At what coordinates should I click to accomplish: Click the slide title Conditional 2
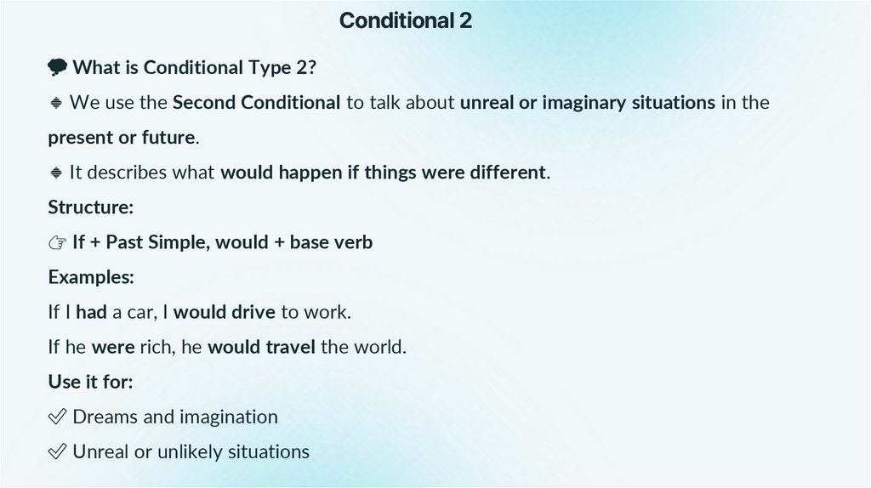(405, 20)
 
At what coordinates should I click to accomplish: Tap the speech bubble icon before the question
(57, 67)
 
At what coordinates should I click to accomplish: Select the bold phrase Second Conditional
(256, 103)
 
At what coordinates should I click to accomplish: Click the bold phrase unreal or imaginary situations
(587, 103)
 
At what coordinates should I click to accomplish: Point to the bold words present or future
(122, 138)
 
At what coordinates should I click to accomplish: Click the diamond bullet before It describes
(56, 173)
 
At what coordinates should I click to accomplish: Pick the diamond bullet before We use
(56, 103)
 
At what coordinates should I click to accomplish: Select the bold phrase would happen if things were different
(383, 173)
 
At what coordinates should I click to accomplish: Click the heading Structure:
(90, 207)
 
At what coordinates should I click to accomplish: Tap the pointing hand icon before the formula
(57, 242)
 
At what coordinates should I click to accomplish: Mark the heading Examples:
(91, 277)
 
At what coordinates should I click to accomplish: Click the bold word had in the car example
(91, 312)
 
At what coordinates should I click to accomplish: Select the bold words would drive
(225, 312)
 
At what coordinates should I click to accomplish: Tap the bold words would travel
(261, 347)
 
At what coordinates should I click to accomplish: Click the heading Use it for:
(90, 382)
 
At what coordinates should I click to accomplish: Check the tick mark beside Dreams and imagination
(57, 417)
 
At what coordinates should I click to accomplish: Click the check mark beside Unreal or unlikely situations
(57, 451)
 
